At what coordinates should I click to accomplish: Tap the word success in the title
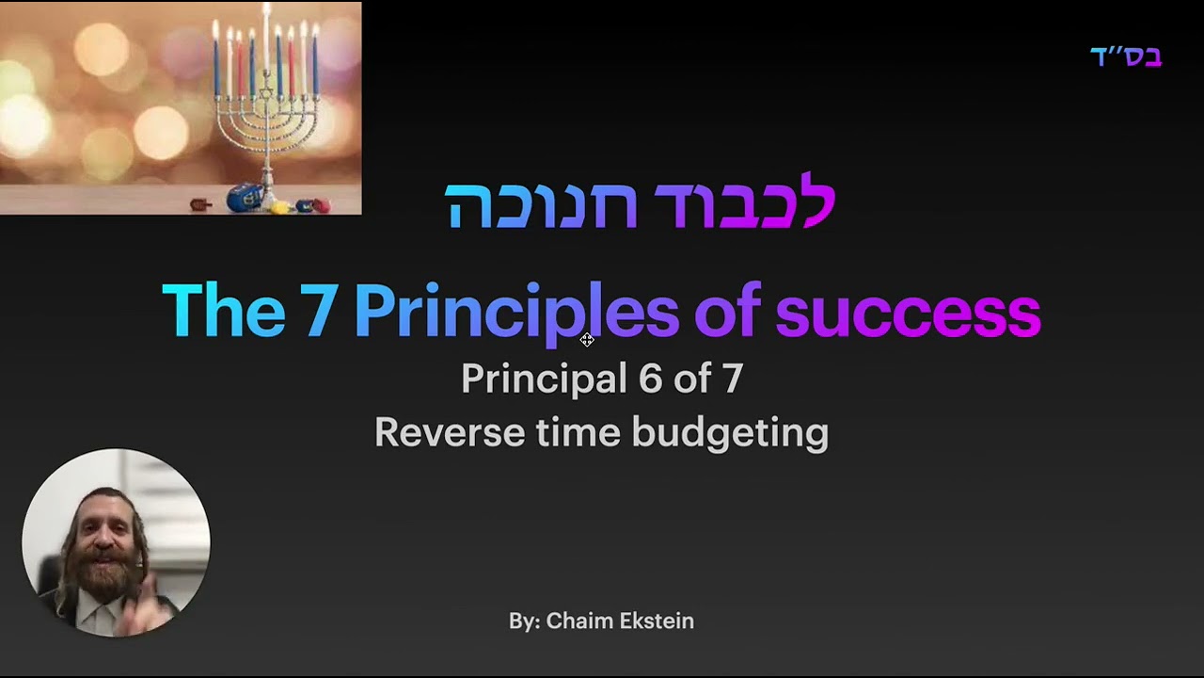tap(909, 315)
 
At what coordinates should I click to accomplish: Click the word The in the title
tap(224, 311)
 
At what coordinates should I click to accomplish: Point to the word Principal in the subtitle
tap(545, 380)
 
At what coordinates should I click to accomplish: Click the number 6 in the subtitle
tap(650, 378)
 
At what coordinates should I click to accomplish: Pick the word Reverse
tap(450, 432)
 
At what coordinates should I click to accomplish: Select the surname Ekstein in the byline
tap(657, 621)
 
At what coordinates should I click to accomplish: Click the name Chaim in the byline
tap(578, 621)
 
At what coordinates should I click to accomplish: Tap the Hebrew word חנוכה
tap(541, 205)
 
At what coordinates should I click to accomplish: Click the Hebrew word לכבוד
tap(744, 201)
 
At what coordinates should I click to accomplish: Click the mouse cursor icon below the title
tap(587, 340)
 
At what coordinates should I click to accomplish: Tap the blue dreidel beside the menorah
tap(244, 198)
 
